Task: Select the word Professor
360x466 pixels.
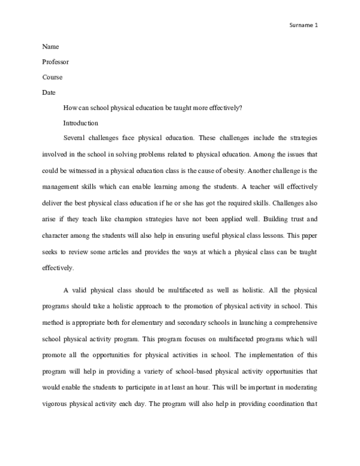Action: (56, 61)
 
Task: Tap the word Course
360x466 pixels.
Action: (52, 77)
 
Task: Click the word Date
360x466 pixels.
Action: (49, 92)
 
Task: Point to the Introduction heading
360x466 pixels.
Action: (80, 123)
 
